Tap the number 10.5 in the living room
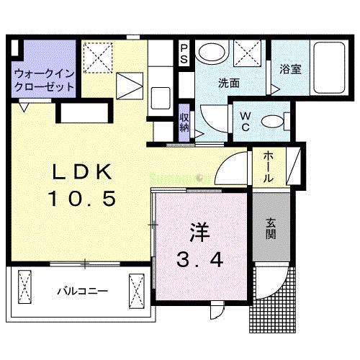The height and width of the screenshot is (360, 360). (x=81, y=198)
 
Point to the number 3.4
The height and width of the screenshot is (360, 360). (x=199, y=257)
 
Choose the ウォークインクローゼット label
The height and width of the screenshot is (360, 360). (x=45, y=79)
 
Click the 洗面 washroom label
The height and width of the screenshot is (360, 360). (x=229, y=82)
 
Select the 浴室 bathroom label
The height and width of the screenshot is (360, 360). (x=290, y=70)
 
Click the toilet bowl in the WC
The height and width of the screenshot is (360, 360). (x=272, y=121)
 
